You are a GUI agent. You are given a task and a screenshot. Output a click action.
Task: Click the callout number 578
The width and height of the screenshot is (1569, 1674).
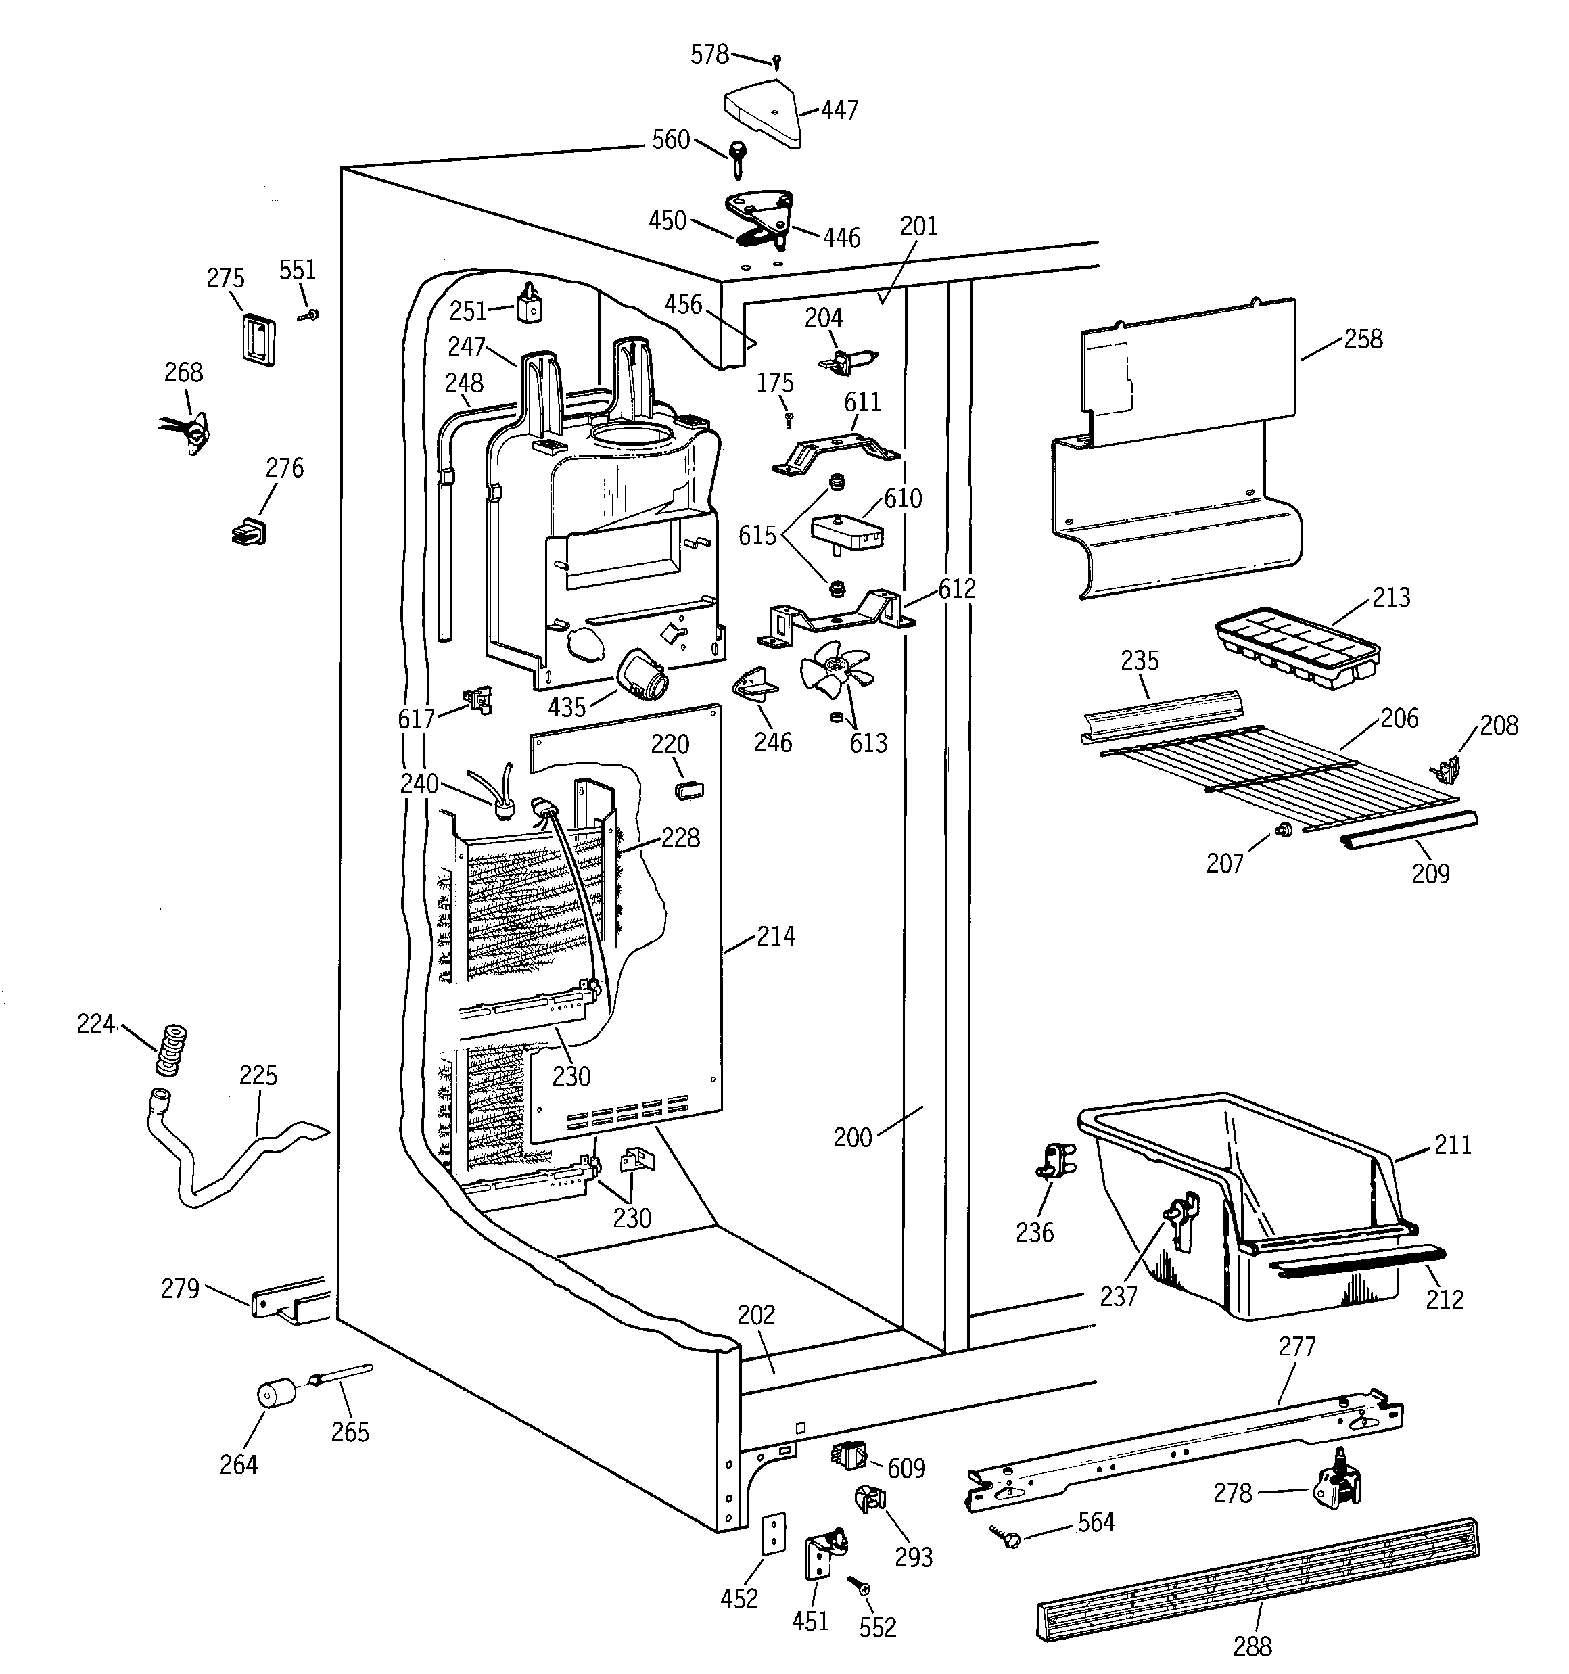click(x=709, y=55)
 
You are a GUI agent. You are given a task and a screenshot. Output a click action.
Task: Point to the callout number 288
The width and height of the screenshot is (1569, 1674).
click(x=1252, y=1644)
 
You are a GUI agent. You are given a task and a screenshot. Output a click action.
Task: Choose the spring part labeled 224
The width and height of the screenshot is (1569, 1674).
click(x=170, y=1050)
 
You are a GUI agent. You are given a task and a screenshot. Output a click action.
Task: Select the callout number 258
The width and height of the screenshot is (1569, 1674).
click(x=1363, y=340)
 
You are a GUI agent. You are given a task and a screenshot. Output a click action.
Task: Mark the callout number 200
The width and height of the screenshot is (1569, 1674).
click(x=852, y=1138)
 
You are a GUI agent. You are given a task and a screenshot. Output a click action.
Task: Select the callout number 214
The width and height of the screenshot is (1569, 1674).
click(x=775, y=935)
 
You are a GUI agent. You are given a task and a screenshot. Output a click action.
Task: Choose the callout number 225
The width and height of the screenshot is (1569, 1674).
click(x=258, y=1075)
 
